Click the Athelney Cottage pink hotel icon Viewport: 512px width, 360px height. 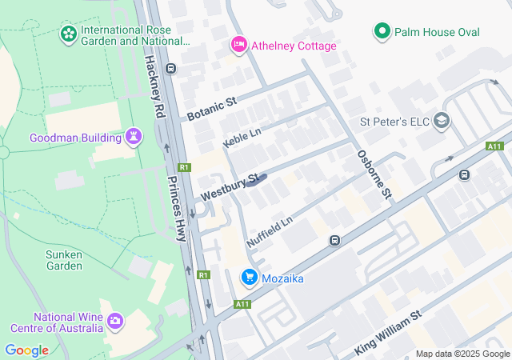point(238,45)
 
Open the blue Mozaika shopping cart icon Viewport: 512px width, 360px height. point(249,278)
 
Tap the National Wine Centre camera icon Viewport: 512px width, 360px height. point(116,321)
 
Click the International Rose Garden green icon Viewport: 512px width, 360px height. point(69,34)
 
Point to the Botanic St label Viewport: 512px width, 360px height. point(212,110)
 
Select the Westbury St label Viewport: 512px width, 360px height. point(229,188)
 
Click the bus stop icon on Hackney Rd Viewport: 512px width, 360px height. point(171,69)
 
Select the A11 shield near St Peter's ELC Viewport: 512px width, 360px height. point(494,146)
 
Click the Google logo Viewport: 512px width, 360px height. point(26,350)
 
